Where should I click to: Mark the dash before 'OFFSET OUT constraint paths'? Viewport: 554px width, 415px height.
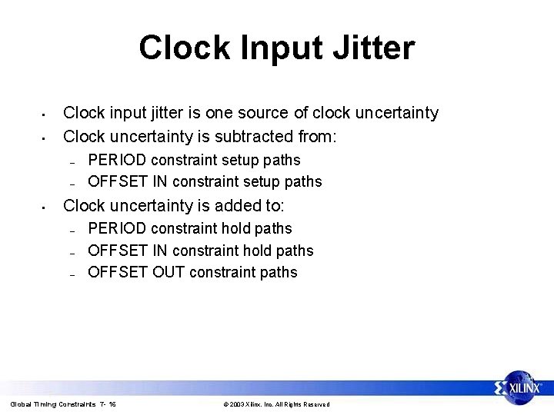pos(71,274)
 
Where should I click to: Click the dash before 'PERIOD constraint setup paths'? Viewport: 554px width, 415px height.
pos(71,161)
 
